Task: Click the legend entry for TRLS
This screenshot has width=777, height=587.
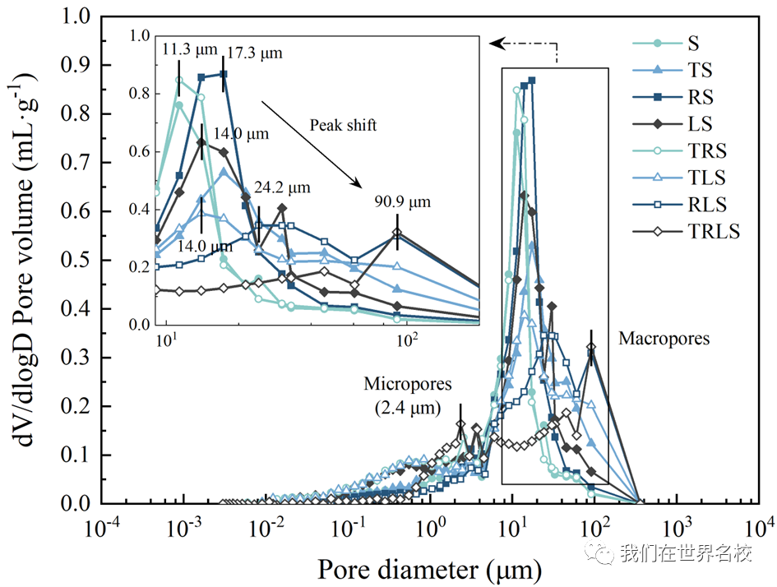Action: coord(687,231)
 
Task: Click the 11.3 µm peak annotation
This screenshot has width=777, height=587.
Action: coord(190,49)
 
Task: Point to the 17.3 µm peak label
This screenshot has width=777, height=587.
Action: coord(255,53)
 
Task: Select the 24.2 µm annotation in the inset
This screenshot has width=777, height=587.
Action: coord(283,187)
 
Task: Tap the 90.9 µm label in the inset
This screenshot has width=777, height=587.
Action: coord(402,202)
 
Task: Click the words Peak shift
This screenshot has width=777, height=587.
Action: coord(343,125)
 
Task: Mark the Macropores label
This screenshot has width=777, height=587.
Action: coord(664,339)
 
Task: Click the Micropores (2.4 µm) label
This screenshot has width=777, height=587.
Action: coord(408,396)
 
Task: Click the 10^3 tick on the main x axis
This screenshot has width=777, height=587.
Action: coord(674,528)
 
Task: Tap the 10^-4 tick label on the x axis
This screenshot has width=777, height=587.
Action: coord(101,528)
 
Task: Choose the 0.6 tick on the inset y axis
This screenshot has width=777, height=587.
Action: coord(139,151)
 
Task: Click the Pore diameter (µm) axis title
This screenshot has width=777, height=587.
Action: coord(429,570)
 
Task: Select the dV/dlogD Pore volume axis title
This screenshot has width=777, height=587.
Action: coord(24,260)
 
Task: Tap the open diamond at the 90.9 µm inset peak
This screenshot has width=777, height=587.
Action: coord(397,233)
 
